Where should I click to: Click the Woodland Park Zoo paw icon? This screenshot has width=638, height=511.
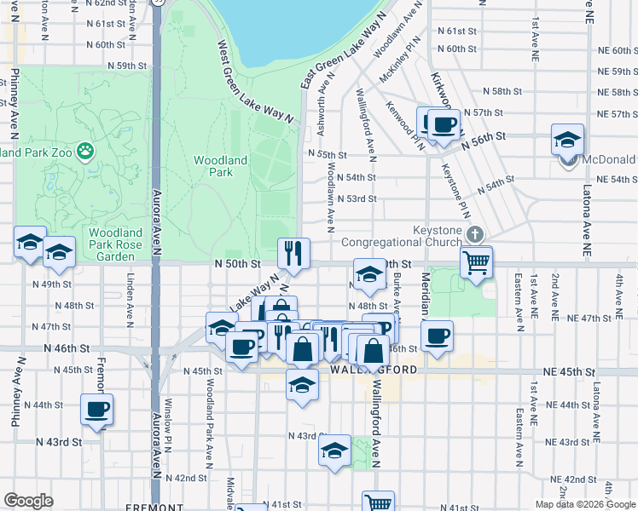(x=85, y=152)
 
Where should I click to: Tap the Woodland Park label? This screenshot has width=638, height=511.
(x=220, y=166)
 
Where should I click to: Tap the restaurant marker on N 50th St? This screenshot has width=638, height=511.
(x=293, y=253)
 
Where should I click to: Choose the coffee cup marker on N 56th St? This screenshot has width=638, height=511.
(x=443, y=124)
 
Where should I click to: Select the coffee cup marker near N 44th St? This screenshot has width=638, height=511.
(x=96, y=410)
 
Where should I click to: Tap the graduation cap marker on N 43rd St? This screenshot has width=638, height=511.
(x=334, y=450)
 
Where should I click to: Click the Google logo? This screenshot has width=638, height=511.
(x=29, y=501)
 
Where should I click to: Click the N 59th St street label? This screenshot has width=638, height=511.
(x=128, y=66)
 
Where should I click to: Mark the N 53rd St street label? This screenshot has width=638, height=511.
(x=357, y=198)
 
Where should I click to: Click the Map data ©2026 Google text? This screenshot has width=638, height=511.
(x=584, y=504)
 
